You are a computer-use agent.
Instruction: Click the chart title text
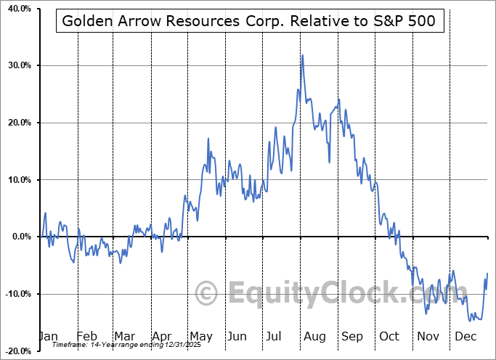click(249, 21)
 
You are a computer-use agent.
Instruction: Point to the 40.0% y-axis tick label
click(17, 9)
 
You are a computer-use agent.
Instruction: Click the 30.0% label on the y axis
click(17, 65)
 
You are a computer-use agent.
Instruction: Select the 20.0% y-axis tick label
click(17, 123)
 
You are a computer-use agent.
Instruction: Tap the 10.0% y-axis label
click(17, 180)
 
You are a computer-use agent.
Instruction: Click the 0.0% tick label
click(19, 237)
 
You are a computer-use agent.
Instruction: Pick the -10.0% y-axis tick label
click(15, 294)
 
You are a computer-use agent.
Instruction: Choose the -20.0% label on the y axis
click(15, 351)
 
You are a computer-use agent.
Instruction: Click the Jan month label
click(48, 336)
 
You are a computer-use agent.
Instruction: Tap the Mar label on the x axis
click(124, 336)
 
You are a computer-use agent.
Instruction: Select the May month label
click(200, 336)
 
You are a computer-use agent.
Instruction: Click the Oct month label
click(390, 336)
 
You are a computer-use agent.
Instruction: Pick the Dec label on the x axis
click(465, 336)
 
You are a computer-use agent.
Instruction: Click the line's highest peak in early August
click(302, 55)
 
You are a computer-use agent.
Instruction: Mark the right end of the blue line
click(487, 273)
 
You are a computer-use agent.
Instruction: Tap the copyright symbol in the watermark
click(207, 294)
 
